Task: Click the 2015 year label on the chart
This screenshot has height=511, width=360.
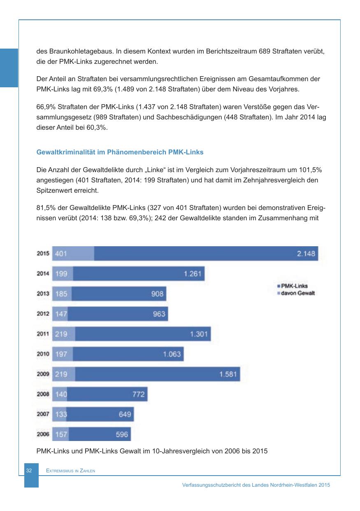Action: point(43,254)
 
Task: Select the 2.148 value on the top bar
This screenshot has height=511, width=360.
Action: point(306,254)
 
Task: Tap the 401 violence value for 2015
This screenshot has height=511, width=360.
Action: point(61,254)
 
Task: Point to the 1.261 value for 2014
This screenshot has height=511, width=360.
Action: point(192,274)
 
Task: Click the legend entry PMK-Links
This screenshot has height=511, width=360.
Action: point(294,286)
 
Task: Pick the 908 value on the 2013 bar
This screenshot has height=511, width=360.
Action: point(157,294)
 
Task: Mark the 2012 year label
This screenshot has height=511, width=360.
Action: point(43,314)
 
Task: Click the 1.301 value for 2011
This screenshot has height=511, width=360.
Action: point(199,334)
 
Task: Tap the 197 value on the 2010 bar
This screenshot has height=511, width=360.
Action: point(61,354)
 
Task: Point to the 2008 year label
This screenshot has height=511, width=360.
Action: point(43,394)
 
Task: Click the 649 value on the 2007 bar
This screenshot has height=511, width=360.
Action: point(125,414)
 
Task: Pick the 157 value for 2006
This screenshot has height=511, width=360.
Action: point(61,434)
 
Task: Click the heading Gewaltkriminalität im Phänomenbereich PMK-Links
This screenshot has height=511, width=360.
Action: point(120,152)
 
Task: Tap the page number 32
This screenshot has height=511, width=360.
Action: point(28,470)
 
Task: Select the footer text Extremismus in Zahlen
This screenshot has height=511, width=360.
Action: point(70,471)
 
